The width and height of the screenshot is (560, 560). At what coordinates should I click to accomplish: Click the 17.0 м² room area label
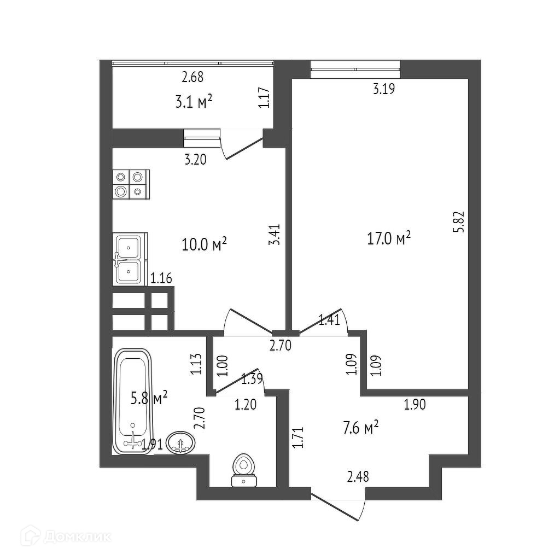[x=388, y=238]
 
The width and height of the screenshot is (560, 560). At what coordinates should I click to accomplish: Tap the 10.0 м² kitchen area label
[x=204, y=244]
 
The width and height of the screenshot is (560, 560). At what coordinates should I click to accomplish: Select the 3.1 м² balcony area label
[x=194, y=102]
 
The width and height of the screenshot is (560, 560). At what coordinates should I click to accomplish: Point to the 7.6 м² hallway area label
[x=361, y=428]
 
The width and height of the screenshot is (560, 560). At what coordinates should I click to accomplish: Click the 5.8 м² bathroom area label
[x=149, y=398]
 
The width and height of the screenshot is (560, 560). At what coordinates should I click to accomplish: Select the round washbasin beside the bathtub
[x=180, y=442]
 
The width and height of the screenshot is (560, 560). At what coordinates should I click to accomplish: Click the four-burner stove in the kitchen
[x=131, y=184]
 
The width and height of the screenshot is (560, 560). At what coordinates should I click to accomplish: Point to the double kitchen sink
[x=129, y=258]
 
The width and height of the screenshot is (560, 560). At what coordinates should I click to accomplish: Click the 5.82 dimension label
[x=459, y=222]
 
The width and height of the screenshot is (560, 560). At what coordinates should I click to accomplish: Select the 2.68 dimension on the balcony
[x=192, y=77]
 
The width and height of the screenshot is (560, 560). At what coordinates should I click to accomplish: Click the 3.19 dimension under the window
[x=384, y=89]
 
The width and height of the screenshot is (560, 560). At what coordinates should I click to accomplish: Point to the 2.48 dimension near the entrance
[x=358, y=477]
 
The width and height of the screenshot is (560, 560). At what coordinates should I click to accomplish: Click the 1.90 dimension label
[x=415, y=405]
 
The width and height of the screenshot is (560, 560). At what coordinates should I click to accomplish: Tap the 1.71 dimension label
[x=297, y=437]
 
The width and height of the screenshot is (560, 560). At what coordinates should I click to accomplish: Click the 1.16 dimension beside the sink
[x=161, y=279]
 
